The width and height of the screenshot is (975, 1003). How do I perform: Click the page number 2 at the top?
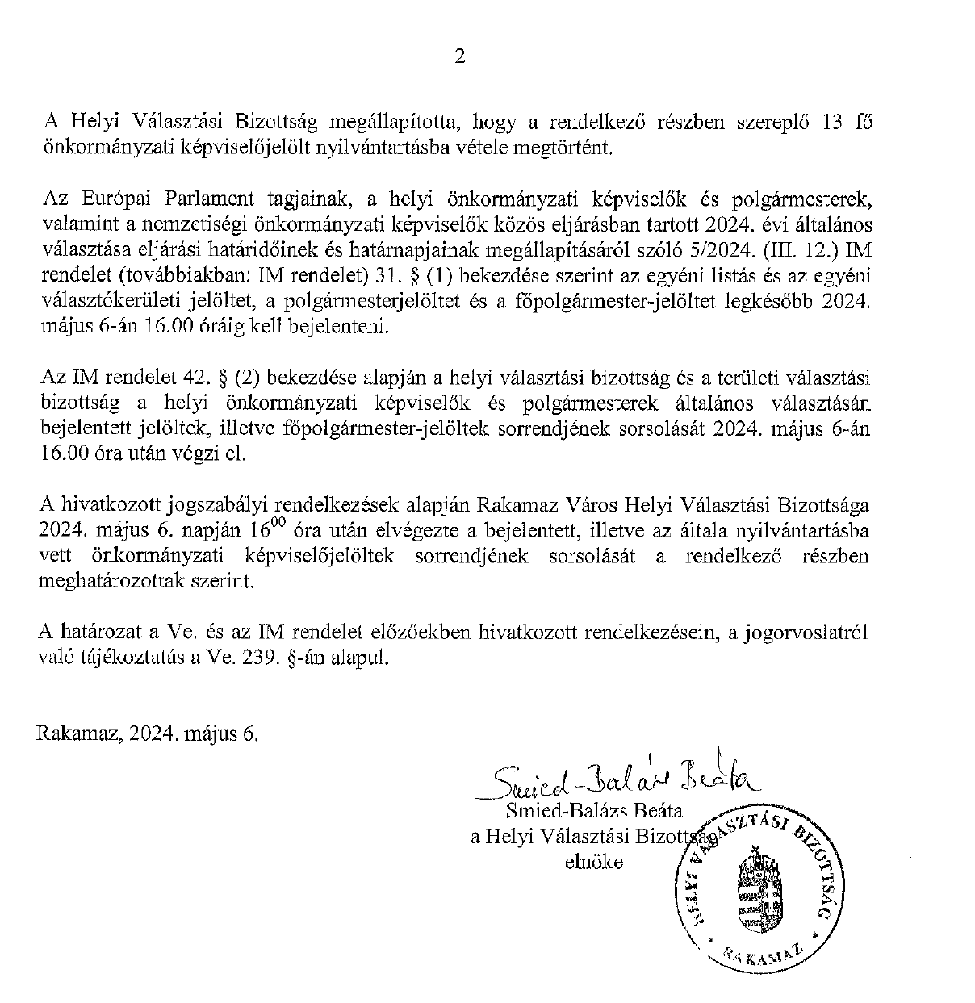click(459, 56)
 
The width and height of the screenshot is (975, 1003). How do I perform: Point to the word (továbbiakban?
click(182, 276)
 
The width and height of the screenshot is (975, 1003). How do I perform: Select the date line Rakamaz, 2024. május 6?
click(148, 734)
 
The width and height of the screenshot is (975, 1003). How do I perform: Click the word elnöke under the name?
click(594, 862)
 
